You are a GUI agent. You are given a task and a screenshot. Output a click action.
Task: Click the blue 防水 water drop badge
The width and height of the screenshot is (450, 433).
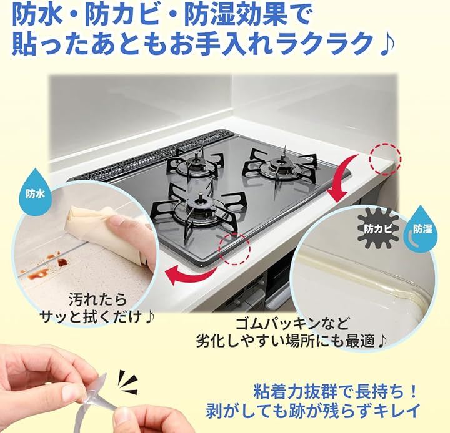(35, 188)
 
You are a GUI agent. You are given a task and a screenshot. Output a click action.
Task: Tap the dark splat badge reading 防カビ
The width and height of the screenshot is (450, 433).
(378, 229)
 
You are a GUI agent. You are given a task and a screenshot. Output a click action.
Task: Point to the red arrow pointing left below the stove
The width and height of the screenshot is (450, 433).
(191, 275)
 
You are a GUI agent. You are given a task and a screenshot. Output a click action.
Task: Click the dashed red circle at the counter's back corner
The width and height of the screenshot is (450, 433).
(385, 159)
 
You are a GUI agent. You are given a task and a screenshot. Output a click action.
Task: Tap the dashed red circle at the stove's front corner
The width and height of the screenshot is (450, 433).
(234, 249)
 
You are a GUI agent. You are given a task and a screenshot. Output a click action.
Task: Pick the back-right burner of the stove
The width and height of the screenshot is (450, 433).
(281, 165)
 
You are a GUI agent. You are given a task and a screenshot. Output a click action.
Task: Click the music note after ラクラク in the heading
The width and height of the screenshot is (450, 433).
(387, 44)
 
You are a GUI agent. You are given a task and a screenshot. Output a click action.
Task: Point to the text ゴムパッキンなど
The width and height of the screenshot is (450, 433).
(292, 323)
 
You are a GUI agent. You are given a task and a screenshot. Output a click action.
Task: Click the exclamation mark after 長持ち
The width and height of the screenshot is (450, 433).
(412, 392)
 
